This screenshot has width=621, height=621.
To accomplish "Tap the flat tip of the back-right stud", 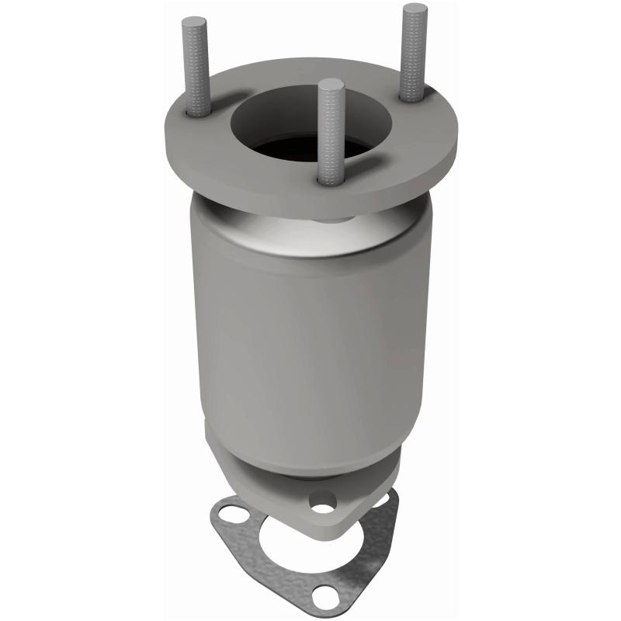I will tap(415, 9).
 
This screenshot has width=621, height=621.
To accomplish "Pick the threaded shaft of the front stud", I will tap(331, 132).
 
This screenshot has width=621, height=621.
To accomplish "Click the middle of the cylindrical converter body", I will tap(310, 334).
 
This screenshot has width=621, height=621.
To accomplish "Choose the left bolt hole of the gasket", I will tap(227, 514).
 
